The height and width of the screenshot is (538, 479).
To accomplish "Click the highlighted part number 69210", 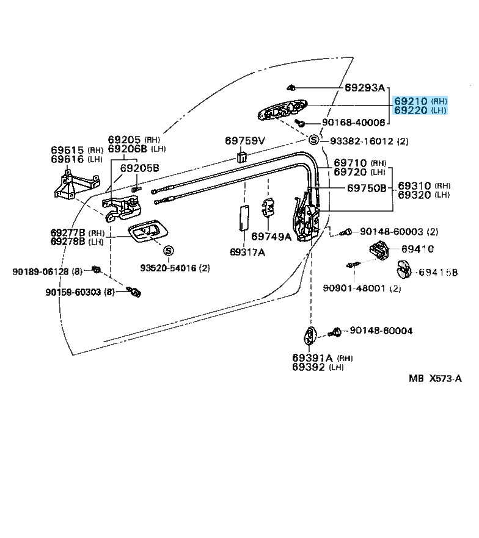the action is click(411, 101).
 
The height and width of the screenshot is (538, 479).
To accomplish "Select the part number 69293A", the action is click(365, 88).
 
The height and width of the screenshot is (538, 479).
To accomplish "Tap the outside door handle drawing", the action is click(282, 109).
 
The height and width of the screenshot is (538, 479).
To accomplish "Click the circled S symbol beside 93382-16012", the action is click(313, 140).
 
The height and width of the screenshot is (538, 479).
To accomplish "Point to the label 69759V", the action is click(245, 141).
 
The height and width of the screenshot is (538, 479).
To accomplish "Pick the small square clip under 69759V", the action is click(242, 156).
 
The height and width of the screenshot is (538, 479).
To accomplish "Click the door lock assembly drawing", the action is click(306, 217).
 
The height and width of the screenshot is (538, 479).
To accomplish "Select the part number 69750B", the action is click(367, 188).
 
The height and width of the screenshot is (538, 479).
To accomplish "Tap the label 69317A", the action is click(247, 252).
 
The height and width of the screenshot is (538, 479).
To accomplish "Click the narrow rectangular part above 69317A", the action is click(244, 218).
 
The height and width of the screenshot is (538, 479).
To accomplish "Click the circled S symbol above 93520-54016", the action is click(169, 251).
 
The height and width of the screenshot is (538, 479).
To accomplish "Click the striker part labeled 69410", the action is click(379, 248).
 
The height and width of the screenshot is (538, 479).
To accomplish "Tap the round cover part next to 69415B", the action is click(403, 270).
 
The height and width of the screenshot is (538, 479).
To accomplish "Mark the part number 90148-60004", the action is click(381, 331).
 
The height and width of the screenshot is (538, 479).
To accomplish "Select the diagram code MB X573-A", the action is click(435, 378).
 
